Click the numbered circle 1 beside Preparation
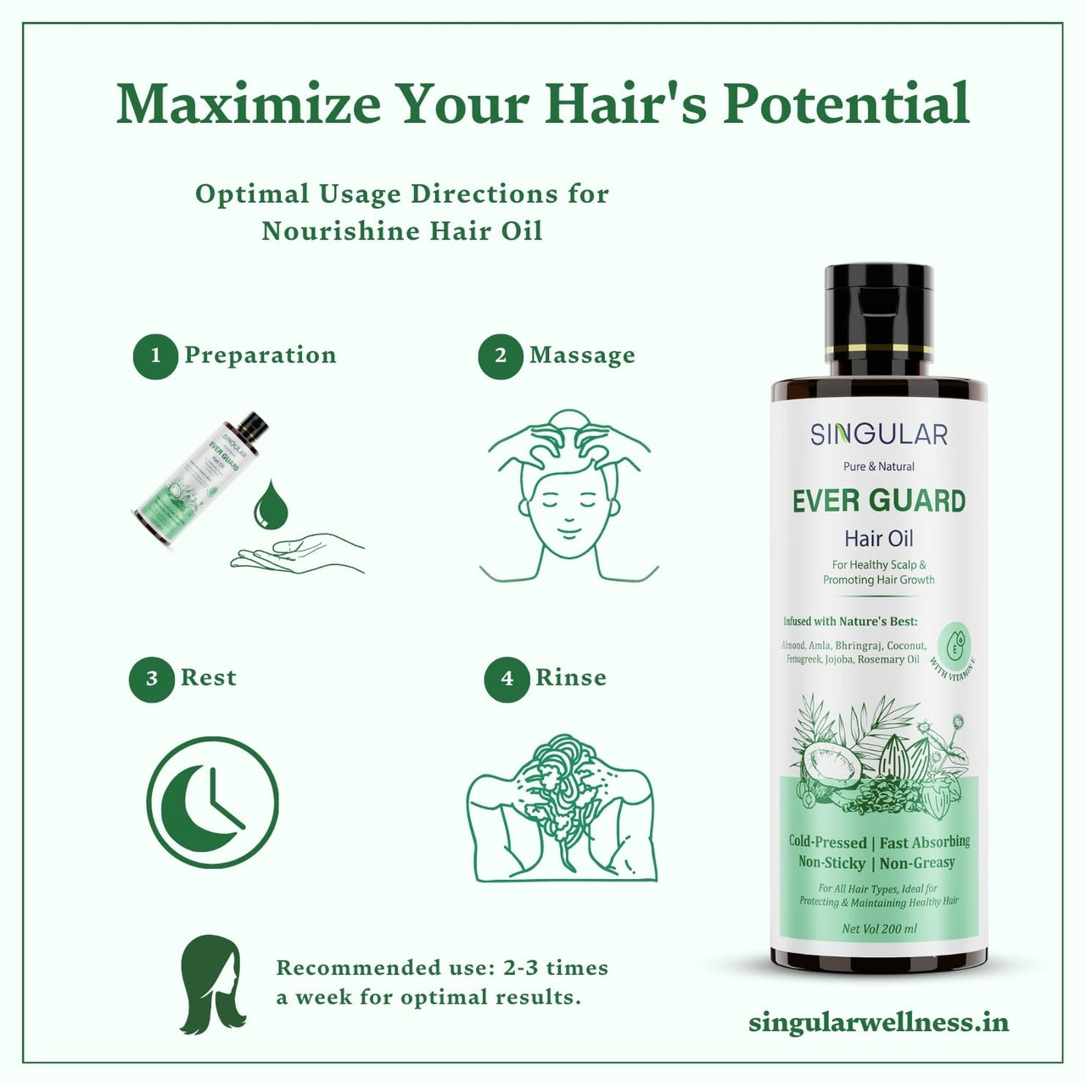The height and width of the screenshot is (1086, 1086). pos(154,355)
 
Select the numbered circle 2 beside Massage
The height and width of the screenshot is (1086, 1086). pos(500,355)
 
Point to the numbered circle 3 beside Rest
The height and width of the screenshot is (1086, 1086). pos(151,679)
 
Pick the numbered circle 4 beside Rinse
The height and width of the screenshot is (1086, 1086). pos(507,679)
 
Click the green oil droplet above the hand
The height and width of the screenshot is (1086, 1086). pos(271,505)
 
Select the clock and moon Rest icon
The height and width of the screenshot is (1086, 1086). pos(212,802)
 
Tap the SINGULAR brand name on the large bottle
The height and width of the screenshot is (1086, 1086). pos(878,434)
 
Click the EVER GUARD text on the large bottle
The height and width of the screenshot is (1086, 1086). pos(878,501)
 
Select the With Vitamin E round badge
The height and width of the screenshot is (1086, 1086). pos(955,645)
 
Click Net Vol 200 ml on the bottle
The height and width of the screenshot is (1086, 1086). pos(879,929)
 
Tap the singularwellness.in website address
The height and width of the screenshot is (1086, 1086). pos(878,1022)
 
